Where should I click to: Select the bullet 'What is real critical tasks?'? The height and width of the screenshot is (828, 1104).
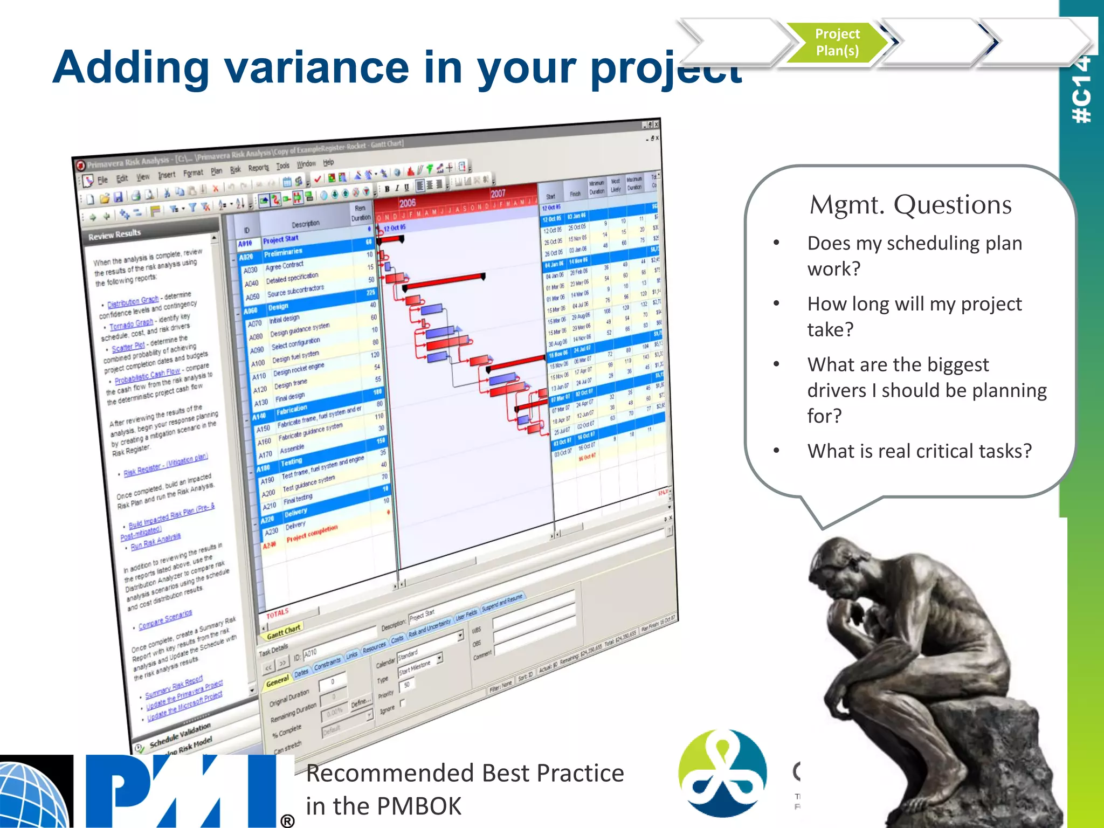click(919, 451)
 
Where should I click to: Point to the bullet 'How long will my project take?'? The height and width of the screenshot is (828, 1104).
click(914, 316)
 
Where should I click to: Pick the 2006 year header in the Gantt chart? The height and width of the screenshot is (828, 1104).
click(408, 203)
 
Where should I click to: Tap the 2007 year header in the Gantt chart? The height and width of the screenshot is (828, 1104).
click(498, 194)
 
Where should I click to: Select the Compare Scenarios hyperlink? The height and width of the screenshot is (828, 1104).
click(165, 619)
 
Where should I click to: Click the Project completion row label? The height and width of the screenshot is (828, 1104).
click(312, 533)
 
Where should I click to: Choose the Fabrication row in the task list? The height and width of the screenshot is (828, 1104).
click(292, 411)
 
